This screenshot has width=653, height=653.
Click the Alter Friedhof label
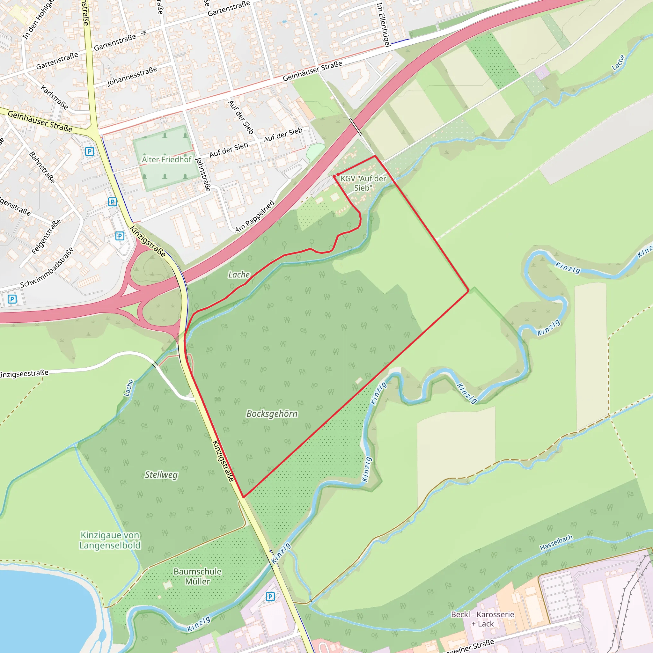(166, 159)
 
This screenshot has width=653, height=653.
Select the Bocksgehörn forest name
(272, 414)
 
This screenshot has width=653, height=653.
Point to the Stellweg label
(161, 475)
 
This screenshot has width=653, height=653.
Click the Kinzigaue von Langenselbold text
(110, 540)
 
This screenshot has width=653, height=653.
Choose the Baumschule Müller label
(197, 576)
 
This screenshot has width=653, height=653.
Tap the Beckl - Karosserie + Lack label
(482, 619)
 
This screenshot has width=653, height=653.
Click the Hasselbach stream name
(556, 542)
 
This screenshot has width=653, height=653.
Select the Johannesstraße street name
(132, 77)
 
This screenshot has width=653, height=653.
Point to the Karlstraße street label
(54, 97)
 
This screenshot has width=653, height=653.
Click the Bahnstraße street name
(42, 167)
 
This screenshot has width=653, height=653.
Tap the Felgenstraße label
(46, 237)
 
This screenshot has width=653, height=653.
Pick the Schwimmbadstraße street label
(47, 268)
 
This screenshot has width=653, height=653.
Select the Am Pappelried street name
(255, 216)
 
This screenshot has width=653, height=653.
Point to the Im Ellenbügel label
(384, 25)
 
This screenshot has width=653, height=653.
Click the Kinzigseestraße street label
(24, 374)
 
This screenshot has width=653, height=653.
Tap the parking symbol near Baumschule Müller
(270, 597)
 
